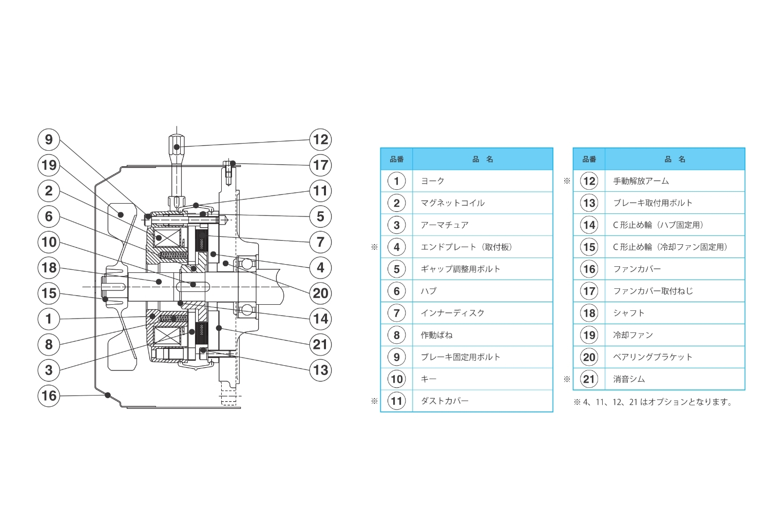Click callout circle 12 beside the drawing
click(x=320, y=140)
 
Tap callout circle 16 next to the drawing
click(x=49, y=396)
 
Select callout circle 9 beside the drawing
click(x=49, y=140)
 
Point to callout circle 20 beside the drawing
click(x=320, y=293)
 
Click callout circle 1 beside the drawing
click(x=49, y=319)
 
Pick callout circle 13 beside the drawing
click(x=320, y=370)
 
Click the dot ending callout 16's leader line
click(x=107, y=394)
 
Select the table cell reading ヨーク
click(x=432, y=181)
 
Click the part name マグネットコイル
click(x=452, y=203)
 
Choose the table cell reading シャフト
click(x=628, y=313)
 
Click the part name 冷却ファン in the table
click(x=632, y=335)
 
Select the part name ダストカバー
click(x=445, y=401)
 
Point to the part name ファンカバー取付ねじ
click(x=652, y=291)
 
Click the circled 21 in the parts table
click(x=589, y=379)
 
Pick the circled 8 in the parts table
click(x=396, y=335)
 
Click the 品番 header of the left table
click(x=396, y=159)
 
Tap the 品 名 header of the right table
click(x=675, y=159)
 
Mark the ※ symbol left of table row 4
click(x=374, y=247)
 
